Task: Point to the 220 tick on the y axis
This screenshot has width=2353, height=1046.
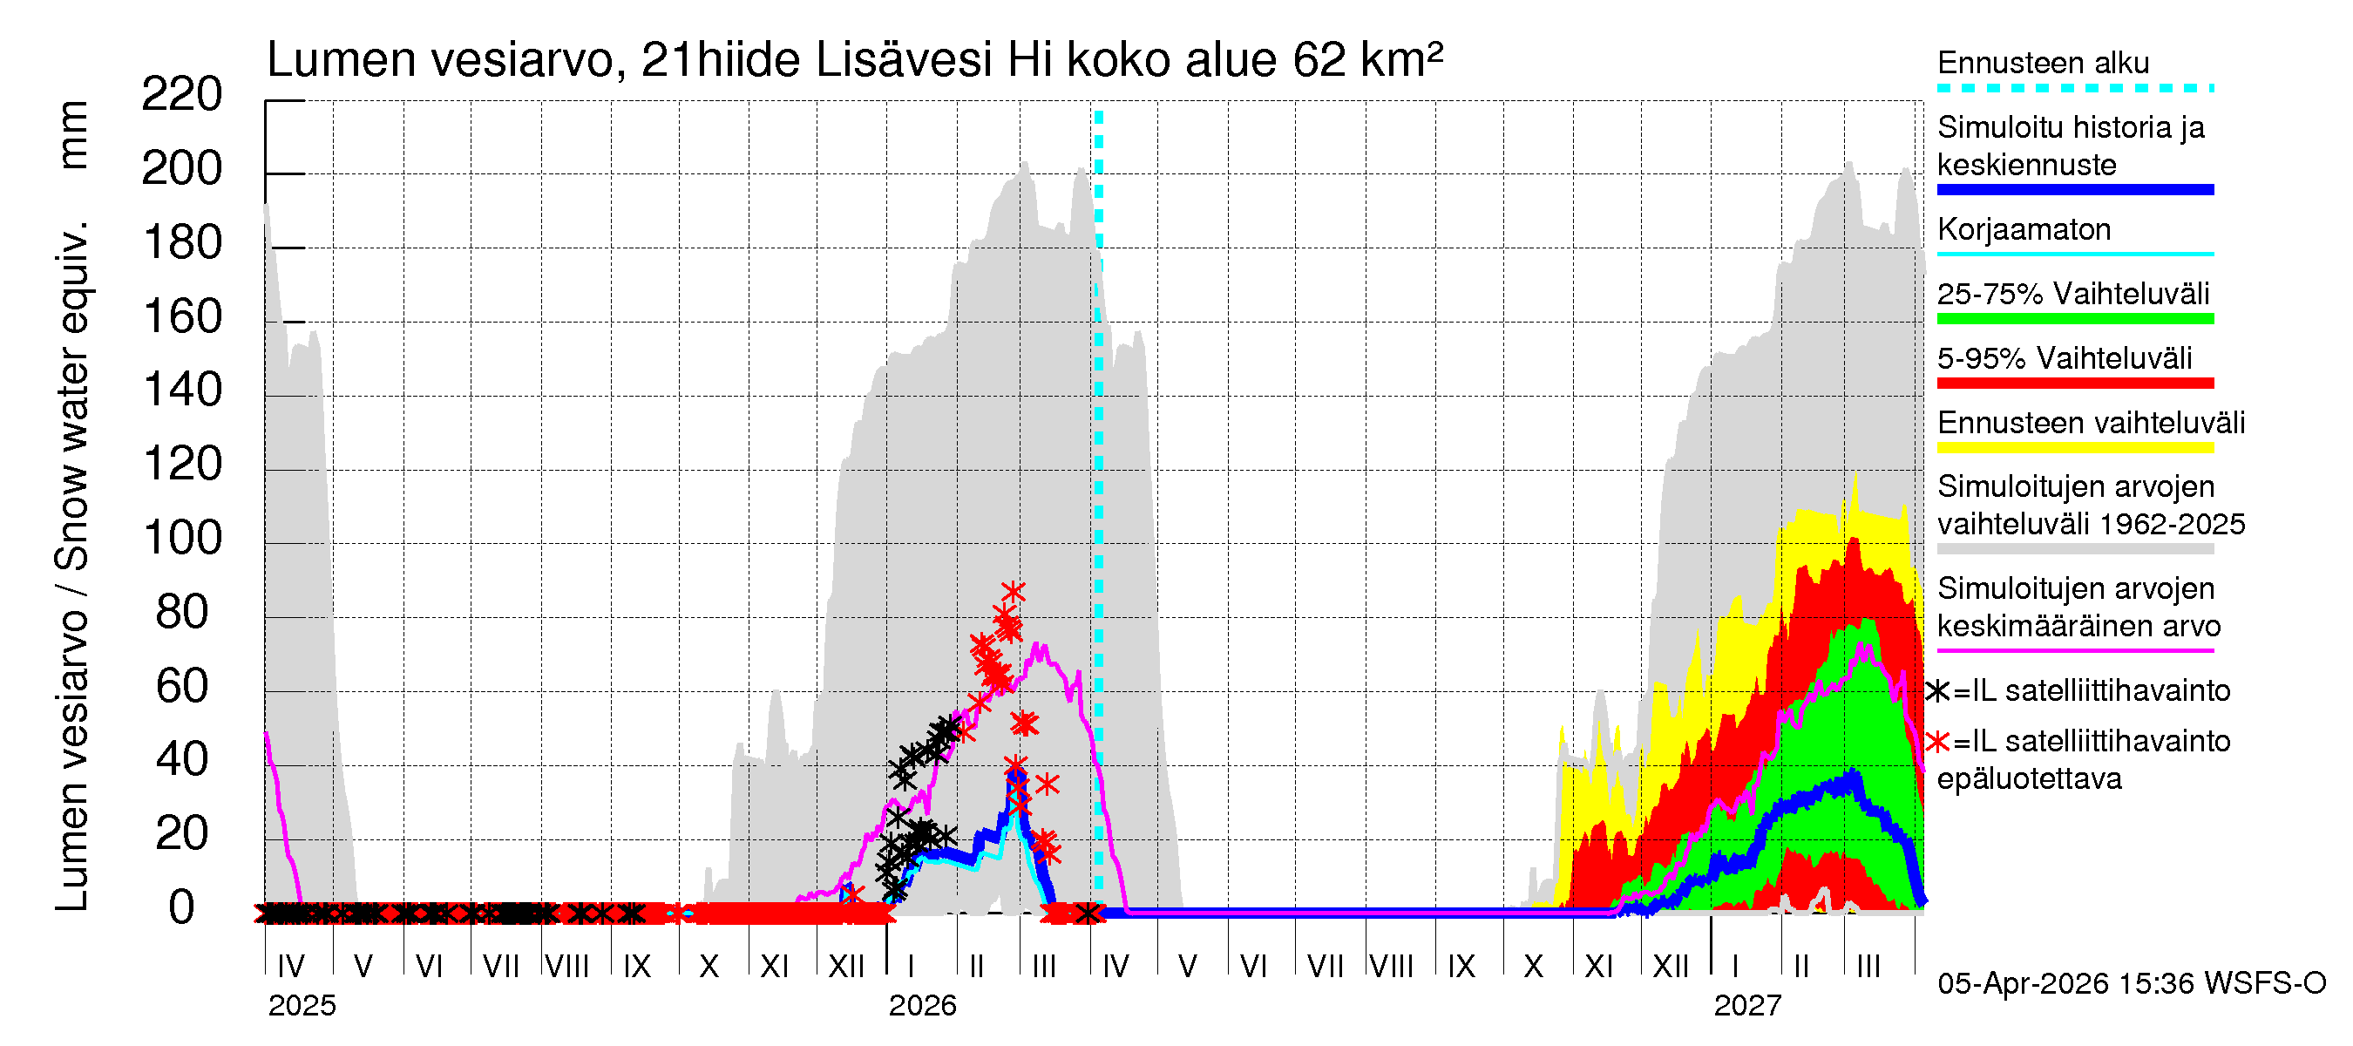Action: click(x=182, y=95)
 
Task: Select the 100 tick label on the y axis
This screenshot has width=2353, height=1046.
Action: click(x=182, y=538)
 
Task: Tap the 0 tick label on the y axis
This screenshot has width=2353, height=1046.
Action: click(x=182, y=908)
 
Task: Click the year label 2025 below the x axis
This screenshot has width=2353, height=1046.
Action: click(x=302, y=1006)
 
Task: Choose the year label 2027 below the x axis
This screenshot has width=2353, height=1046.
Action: click(x=1746, y=1006)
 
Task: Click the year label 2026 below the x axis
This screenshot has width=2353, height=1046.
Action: click(x=922, y=1006)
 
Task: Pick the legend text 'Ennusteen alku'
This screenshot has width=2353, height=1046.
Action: click(x=2043, y=63)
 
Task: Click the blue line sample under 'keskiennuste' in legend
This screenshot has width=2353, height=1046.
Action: click(x=2074, y=190)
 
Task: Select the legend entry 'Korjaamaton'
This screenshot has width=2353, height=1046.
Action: click(x=2024, y=229)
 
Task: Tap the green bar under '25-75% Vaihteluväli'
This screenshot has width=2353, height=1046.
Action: click(x=2074, y=319)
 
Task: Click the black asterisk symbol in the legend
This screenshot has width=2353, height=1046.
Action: click(x=1937, y=691)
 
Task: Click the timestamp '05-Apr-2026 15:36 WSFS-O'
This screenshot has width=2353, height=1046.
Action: click(x=2131, y=984)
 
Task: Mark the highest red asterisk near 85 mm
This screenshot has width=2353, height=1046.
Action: click(x=1012, y=592)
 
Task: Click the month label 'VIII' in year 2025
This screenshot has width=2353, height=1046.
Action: click(x=566, y=967)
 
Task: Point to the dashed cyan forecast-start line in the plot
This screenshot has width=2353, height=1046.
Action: click(x=1098, y=457)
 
